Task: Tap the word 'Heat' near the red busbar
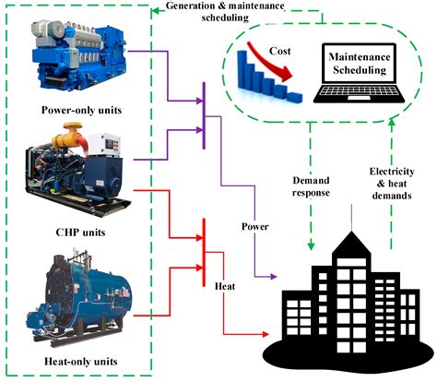[x=225, y=287]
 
